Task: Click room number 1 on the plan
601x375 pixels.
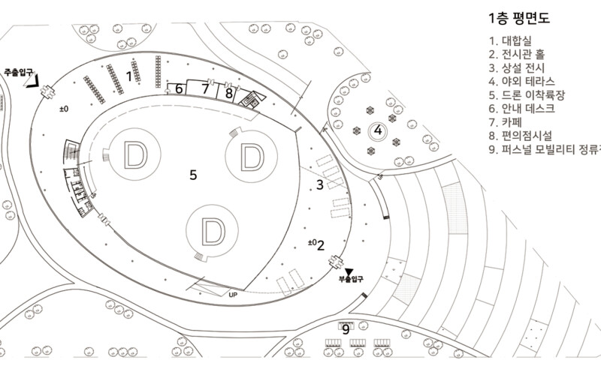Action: pyautogui.click(x=129, y=75)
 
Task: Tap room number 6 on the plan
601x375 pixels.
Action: pyautogui.click(x=179, y=88)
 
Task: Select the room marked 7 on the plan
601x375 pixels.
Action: pyautogui.click(x=204, y=88)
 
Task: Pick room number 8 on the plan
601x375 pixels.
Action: pyautogui.click(x=228, y=93)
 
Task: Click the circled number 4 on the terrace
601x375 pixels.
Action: pyautogui.click(x=379, y=130)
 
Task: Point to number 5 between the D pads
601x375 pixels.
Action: pyautogui.click(x=193, y=175)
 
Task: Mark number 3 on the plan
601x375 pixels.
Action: pyautogui.click(x=319, y=184)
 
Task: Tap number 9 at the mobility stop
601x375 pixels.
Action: pyautogui.click(x=346, y=328)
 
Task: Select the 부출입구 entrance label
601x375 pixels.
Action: pyautogui.click(x=349, y=279)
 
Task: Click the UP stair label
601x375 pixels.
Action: pyautogui.click(x=234, y=295)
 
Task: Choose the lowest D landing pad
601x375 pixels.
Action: pyautogui.click(x=213, y=232)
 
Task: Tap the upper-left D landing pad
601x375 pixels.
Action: pyautogui.click(x=137, y=155)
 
